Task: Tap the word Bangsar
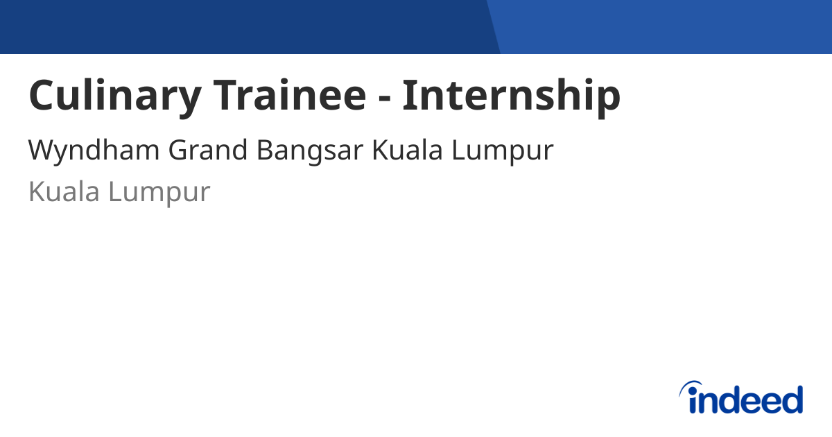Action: point(309,151)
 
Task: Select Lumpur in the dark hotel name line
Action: point(503,151)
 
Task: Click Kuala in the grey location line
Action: point(64,192)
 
